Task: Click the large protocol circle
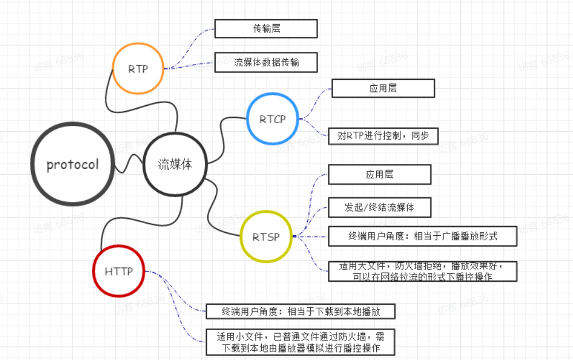coord(73,164)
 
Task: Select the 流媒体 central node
coord(174,164)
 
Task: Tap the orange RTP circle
coord(138,68)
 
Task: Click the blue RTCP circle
coord(272,119)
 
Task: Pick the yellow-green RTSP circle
coord(266,236)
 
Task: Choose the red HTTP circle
coord(119,271)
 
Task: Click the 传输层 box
coord(266,28)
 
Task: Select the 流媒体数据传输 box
coord(266,63)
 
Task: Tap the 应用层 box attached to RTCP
coord(383,88)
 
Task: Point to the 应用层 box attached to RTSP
coord(379,174)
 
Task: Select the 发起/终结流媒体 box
coord(379,207)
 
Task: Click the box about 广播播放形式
coord(422,236)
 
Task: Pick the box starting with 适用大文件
coord(422,271)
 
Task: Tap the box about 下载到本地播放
coord(301,311)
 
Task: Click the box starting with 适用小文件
coord(301,342)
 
